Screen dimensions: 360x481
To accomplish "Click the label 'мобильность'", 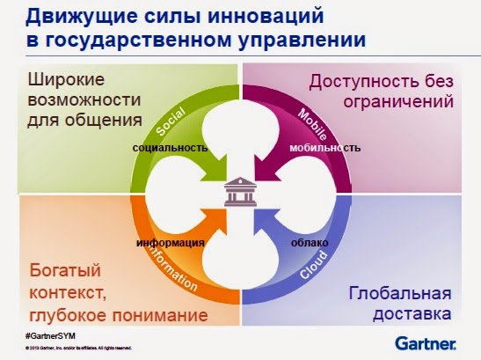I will [x=324, y=149].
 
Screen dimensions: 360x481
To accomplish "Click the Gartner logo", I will [x=426, y=342].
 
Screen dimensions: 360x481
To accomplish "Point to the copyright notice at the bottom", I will [x=79, y=350].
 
